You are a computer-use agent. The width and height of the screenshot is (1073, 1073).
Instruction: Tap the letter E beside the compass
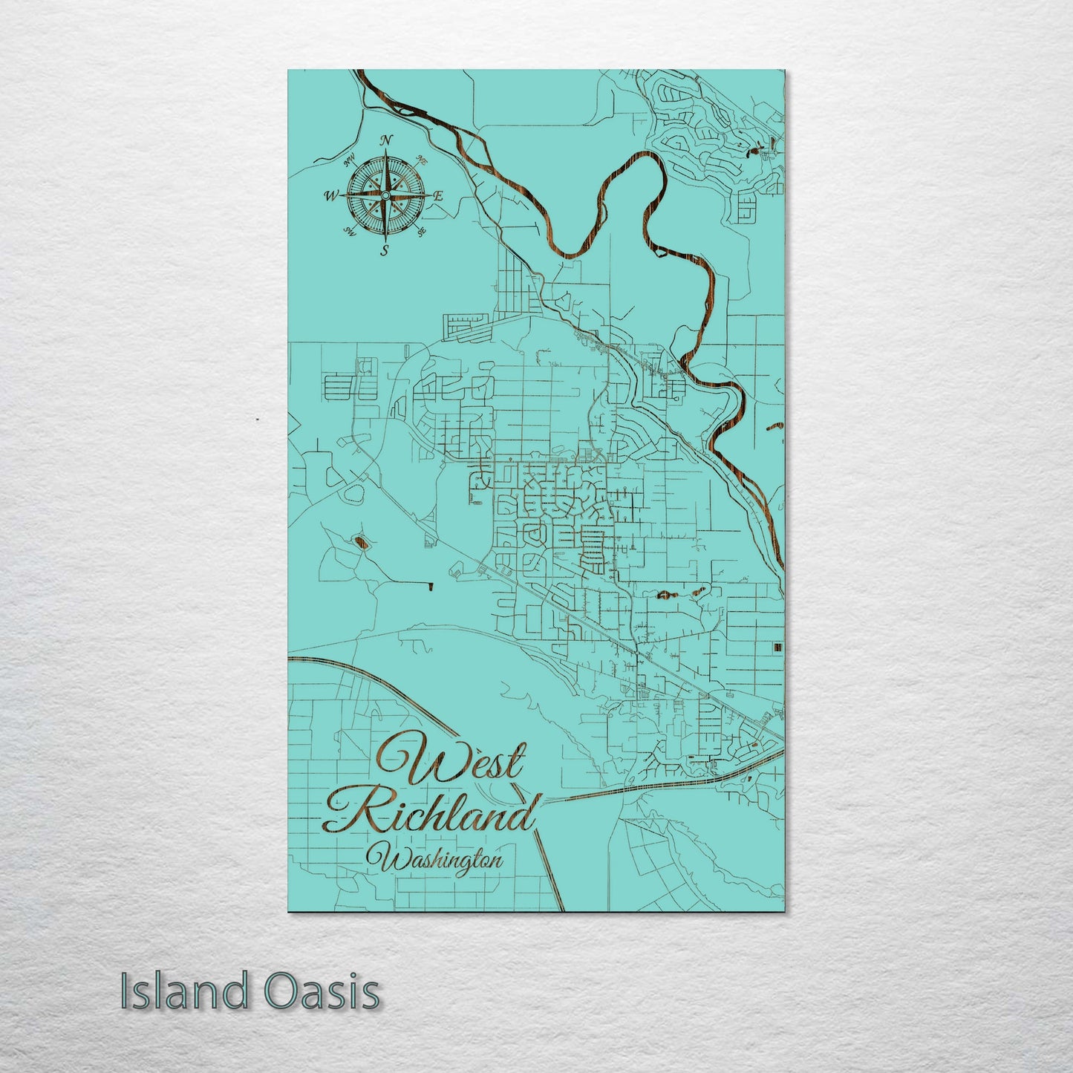(x=438, y=196)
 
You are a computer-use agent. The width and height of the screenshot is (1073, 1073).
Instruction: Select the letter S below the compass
(x=384, y=250)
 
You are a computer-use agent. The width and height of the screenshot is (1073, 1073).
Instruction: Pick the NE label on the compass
(x=422, y=159)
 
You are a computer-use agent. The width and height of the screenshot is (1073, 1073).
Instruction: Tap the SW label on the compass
(x=348, y=233)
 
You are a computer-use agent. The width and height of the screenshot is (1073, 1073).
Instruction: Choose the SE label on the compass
(x=422, y=233)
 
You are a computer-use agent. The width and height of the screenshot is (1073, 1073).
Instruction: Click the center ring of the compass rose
(x=385, y=195)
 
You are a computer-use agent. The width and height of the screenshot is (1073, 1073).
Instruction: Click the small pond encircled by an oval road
(x=361, y=544)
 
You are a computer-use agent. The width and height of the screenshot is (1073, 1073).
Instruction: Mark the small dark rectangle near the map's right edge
(x=777, y=648)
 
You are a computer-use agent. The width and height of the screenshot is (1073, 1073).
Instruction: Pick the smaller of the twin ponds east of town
(x=699, y=592)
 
